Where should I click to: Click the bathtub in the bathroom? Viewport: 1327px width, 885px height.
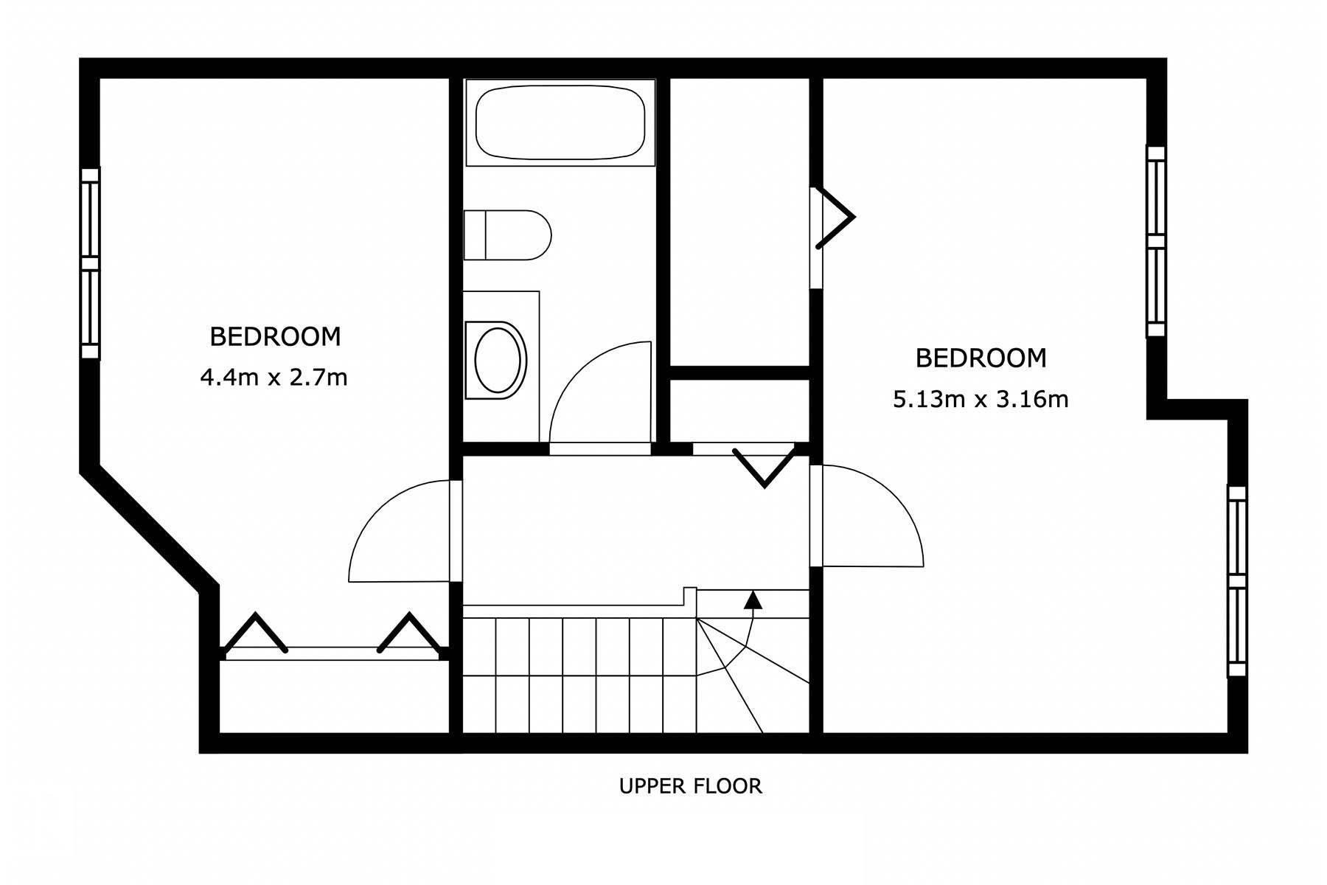560,122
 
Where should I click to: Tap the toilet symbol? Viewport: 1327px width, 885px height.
507,235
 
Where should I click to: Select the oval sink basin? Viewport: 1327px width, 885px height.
499,360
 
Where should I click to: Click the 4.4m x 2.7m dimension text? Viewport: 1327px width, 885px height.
274,378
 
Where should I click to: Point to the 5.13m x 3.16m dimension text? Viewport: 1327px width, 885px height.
981,400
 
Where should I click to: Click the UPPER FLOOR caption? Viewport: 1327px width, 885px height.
691,786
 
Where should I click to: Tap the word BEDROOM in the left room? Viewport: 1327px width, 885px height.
275,337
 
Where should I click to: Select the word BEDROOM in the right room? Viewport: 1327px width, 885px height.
981,358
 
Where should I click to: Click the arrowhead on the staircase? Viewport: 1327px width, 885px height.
753,599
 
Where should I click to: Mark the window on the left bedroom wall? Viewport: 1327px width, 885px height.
90,263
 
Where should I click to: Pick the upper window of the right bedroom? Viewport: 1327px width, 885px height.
1155,241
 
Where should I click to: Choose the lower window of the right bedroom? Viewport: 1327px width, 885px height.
1236,581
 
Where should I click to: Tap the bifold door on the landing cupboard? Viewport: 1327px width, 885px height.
764,465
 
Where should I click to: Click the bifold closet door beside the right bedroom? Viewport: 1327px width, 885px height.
835,218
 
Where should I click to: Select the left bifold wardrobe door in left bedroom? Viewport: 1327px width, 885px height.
255,633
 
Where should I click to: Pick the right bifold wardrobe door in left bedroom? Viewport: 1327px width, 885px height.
410,633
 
